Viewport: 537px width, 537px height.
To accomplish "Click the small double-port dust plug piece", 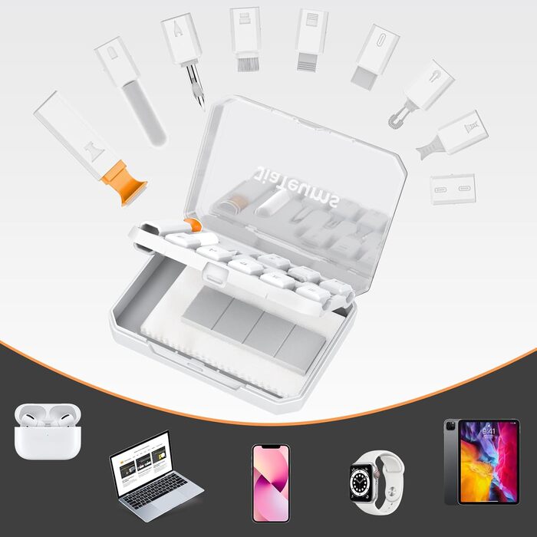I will (x=453, y=189).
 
